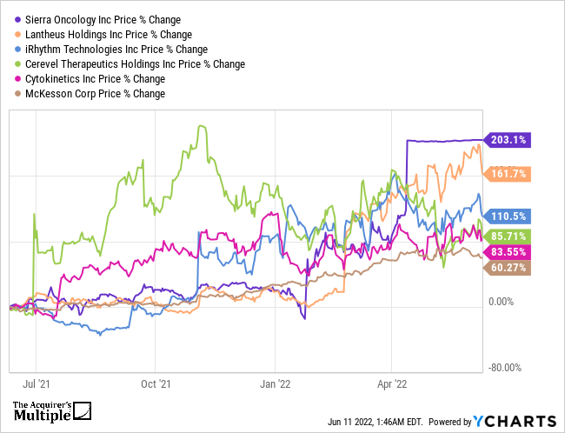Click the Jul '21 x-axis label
[x=36, y=382]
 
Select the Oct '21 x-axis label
[x=155, y=382]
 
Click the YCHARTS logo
[x=513, y=421]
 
